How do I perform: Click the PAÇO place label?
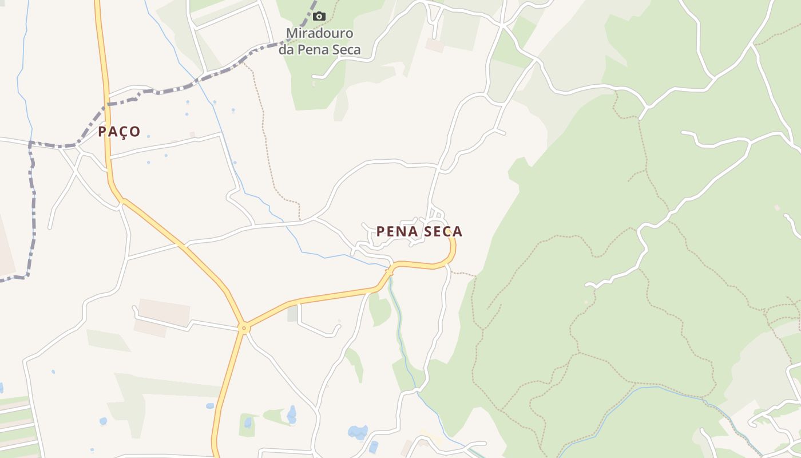coord(119,132)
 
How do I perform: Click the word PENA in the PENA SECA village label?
coord(395,231)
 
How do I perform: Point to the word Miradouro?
coord(319,33)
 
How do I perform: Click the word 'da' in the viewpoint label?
coord(286,50)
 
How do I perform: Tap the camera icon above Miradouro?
coord(319,16)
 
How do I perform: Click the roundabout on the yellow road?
coord(244,328)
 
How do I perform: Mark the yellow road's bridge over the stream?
coord(390,272)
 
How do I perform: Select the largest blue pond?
coord(358,432)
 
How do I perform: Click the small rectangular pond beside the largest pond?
coord(374,447)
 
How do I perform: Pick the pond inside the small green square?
coord(248,423)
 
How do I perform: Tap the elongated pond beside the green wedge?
coord(292,414)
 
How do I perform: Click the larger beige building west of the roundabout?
coord(164,312)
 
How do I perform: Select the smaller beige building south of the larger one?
coord(150,328)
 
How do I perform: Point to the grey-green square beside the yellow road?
coord(292,313)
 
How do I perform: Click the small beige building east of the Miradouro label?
coord(435,45)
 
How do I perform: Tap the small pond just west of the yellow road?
coord(210,406)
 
